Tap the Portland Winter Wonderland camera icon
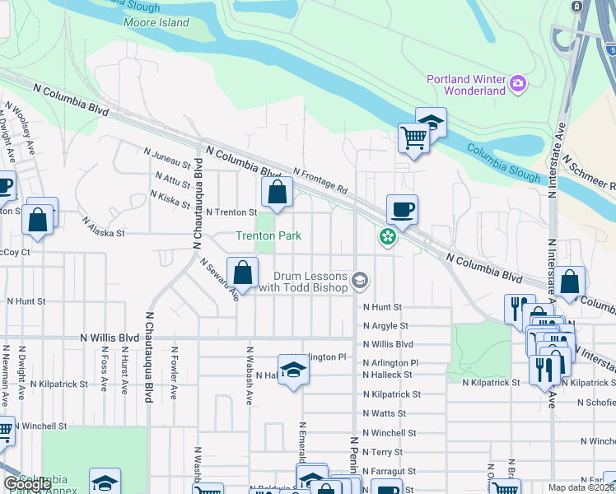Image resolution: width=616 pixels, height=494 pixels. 518,83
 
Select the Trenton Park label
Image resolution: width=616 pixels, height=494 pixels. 268,235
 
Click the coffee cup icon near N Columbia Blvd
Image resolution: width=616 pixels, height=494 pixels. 402,209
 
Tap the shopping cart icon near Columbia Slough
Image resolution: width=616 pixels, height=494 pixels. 413,138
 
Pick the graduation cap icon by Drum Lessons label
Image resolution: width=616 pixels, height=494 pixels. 360,281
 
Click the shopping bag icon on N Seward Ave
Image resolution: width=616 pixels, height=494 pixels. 243,272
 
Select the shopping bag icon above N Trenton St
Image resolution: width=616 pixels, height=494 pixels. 278,193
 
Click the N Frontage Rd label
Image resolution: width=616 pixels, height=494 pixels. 320,180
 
